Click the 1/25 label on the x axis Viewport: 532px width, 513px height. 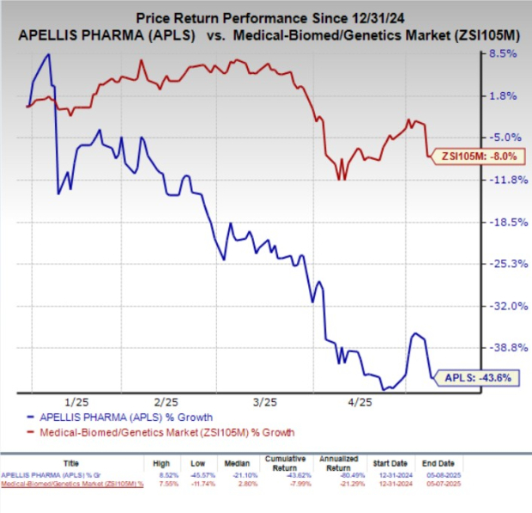point(76,401)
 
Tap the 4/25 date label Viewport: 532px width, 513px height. point(358,401)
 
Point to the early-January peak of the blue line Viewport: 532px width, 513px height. point(49,55)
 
